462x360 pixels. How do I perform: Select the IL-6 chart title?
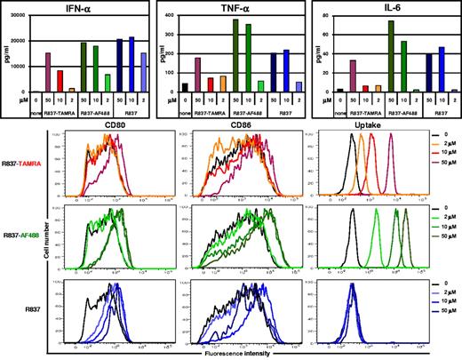pos(378,6)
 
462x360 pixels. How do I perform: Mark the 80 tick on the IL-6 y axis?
pos(323,15)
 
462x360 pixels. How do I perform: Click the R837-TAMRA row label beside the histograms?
pos(28,164)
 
